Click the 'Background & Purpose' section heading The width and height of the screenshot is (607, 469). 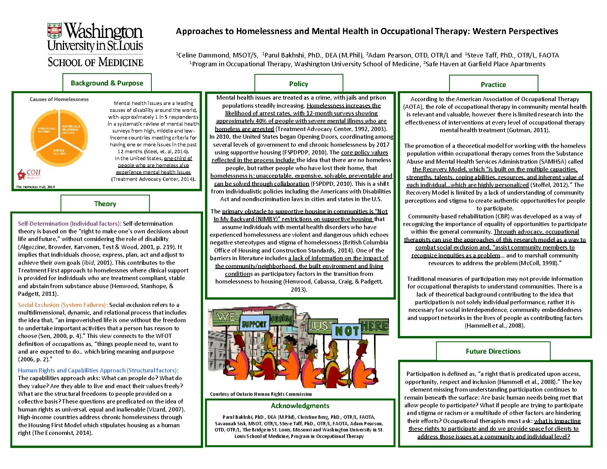coord(107,83)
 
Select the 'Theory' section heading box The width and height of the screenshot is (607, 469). coord(105,204)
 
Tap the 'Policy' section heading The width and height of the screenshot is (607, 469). coord(299,84)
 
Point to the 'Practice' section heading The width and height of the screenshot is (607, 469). coord(493,85)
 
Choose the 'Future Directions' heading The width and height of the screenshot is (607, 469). coord(493,351)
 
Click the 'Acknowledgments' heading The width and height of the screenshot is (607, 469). coord(300,406)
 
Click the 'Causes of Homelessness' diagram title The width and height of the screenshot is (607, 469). coord(59,99)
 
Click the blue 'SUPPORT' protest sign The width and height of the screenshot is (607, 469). coord(254,324)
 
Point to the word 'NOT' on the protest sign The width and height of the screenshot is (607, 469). coord(347,331)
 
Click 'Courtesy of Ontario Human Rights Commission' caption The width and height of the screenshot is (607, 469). coord(261,394)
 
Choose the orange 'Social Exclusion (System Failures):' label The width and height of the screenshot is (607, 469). coord(63,305)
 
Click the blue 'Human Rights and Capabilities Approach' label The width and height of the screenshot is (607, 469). coord(98,371)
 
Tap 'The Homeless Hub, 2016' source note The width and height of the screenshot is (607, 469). coord(35,187)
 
